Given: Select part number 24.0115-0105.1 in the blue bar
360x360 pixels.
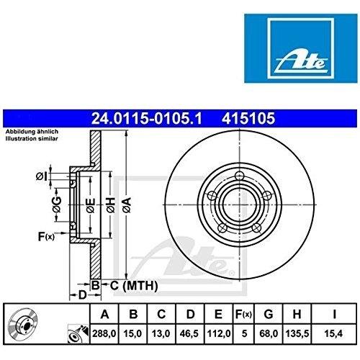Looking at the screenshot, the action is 146,119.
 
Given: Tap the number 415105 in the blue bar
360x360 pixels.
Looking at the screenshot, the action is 248,119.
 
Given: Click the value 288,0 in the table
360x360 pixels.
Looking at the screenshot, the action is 104,333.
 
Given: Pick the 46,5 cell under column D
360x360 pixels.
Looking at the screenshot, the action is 190,333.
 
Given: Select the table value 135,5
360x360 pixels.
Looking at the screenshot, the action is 297,333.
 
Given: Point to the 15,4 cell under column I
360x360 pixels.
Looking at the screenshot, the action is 333,333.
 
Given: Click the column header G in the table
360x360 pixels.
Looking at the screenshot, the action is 269,314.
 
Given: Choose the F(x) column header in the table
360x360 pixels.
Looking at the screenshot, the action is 243,314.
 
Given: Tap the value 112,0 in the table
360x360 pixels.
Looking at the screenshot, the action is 218,333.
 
